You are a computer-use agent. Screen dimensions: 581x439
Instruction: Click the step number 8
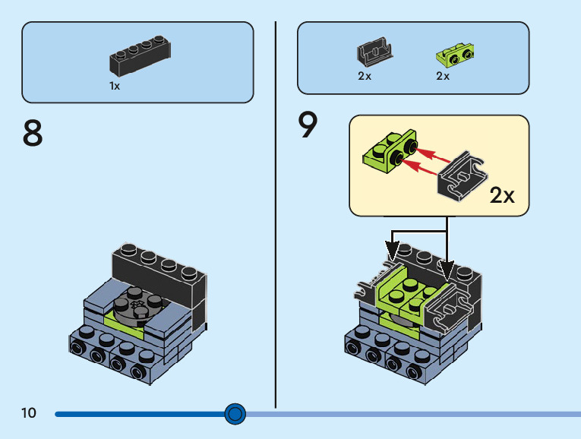pos(33,133)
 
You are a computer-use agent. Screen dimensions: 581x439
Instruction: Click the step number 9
pos(308,125)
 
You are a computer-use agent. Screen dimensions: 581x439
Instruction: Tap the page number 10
pos(29,412)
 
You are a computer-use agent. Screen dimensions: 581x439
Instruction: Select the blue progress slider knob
pos(235,414)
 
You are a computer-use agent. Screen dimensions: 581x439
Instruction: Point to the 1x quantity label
pos(115,86)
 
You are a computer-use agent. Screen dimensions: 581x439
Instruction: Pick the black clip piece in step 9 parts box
pos(374,51)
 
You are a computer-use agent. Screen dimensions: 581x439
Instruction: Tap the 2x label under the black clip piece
pos(365,76)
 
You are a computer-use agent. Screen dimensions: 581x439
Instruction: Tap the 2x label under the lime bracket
pos(443,76)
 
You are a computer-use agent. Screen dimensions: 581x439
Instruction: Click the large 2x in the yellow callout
pos(502,195)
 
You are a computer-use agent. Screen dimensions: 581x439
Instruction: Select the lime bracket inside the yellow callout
pos(390,151)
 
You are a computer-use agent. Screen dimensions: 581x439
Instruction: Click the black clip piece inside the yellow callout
pos(463,176)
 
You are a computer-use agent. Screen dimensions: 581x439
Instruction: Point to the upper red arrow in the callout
pos(432,156)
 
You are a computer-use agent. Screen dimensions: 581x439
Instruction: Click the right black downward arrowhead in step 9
pos(447,270)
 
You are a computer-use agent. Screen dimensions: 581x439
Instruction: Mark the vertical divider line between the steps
pos(275,214)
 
